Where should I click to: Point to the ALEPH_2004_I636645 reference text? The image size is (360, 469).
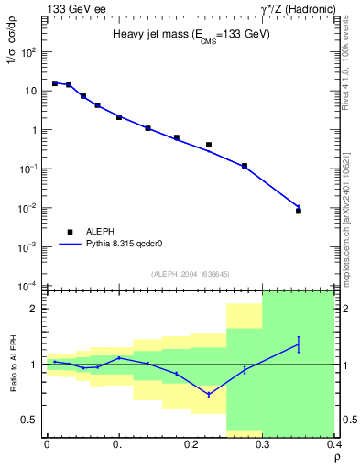point(191,274)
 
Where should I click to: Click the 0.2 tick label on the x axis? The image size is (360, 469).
point(191,443)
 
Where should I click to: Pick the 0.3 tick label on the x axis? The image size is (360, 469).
point(263,443)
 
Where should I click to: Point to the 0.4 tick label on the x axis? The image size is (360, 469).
point(333,443)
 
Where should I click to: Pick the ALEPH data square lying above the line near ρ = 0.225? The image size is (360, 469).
point(209,145)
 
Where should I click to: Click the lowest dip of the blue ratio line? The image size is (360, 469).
point(209,395)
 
